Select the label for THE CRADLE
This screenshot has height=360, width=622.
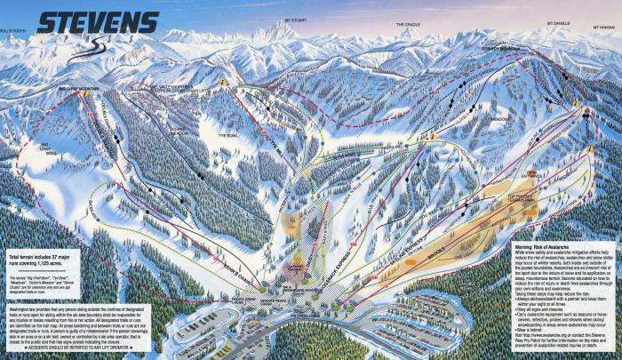click(x=406, y=24)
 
